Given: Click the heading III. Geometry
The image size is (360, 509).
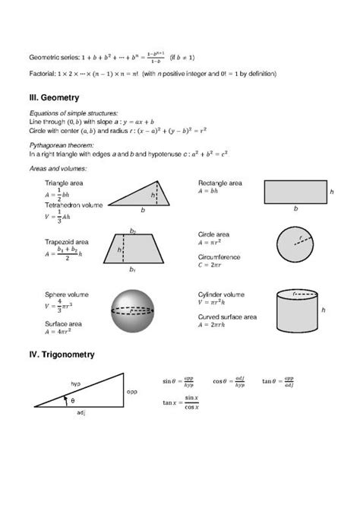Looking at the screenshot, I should [x=55, y=98].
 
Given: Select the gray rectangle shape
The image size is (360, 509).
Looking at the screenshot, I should [x=295, y=191].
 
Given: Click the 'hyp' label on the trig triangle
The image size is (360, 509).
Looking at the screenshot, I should [x=76, y=383].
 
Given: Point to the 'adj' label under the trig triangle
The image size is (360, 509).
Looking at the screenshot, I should [x=81, y=414].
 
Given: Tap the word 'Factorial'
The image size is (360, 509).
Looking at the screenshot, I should [x=42, y=74].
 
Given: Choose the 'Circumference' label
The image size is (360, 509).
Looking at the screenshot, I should [x=219, y=257].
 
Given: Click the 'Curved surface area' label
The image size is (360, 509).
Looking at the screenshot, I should [x=227, y=316].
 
